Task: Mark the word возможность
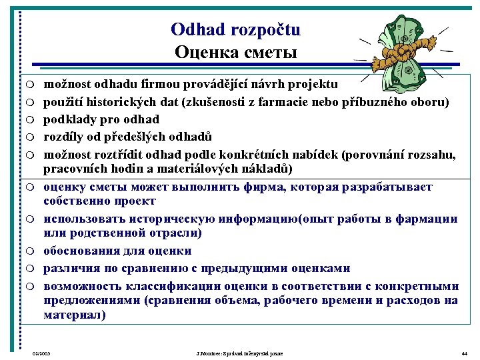coord(85,285)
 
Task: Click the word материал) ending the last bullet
coord(74,315)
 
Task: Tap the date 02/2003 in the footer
coord(41,353)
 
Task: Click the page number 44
coord(464,353)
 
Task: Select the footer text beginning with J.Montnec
coord(236,353)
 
